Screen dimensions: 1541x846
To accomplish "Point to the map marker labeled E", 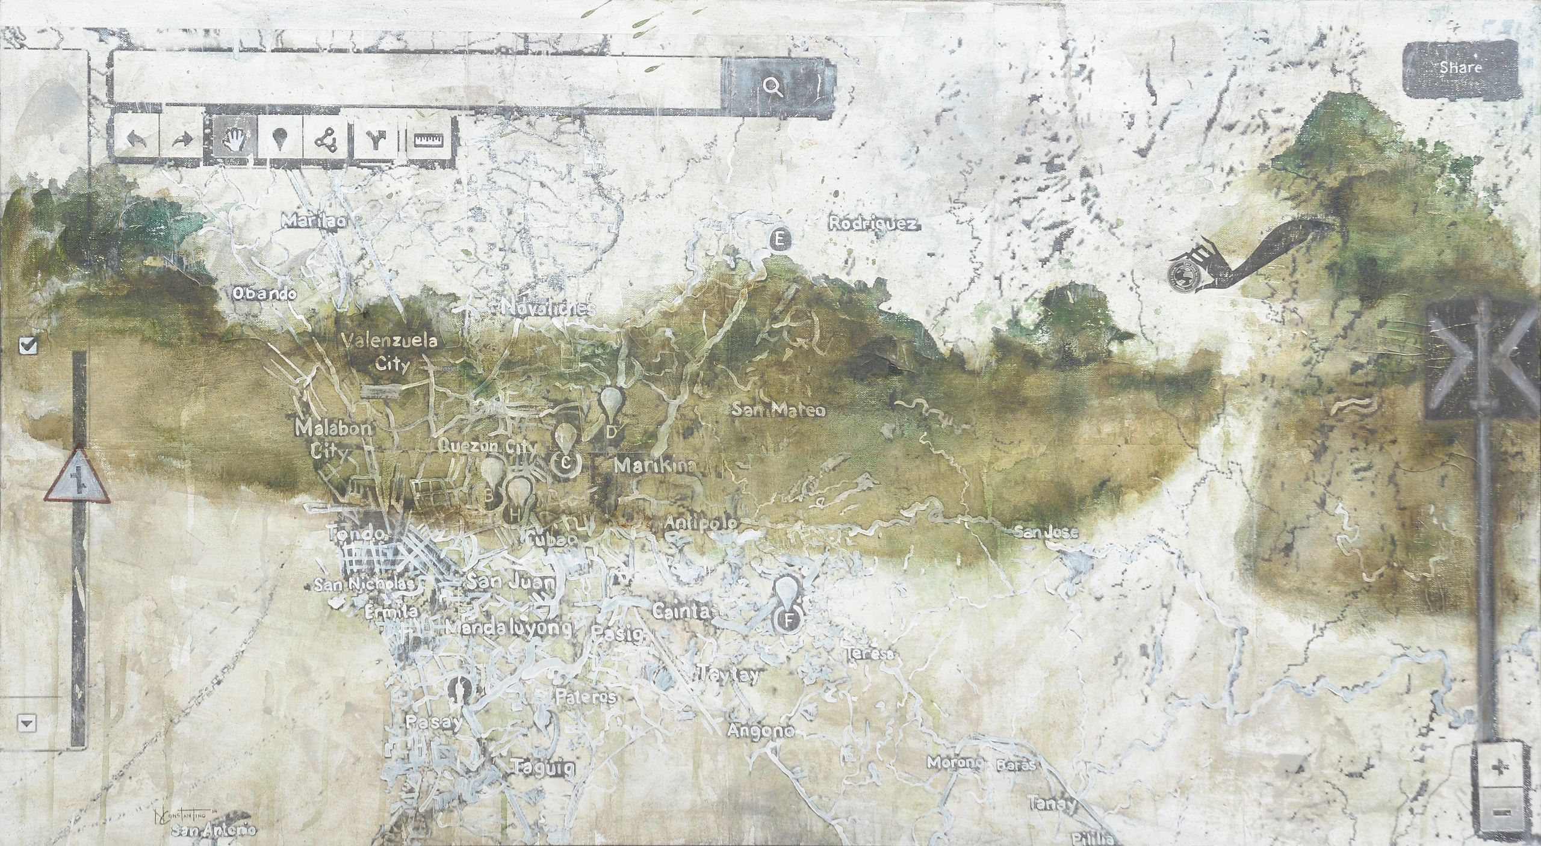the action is click(779, 240).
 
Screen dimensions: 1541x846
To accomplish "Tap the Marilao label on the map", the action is click(314, 221).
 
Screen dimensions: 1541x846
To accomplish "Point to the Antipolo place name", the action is click(702, 523).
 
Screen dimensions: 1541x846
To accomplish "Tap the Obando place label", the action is click(264, 294).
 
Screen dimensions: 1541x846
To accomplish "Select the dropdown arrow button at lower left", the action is click(26, 722).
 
